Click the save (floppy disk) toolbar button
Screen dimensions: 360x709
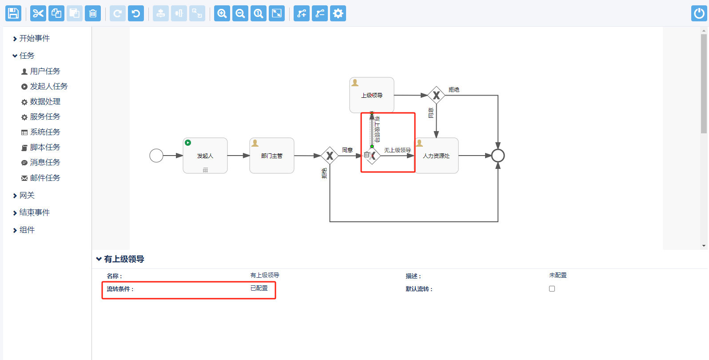coord(13,13)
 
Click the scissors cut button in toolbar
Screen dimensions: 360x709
coord(38,13)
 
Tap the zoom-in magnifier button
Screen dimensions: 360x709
coord(222,13)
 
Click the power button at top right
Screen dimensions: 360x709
coord(699,13)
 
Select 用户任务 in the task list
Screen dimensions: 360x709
coord(45,71)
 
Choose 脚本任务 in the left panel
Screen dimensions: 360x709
coord(45,147)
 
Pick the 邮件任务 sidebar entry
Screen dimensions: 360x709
coord(45,178)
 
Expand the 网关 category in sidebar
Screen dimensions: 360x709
coord(27,195)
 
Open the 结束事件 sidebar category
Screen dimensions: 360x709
coord(34,212)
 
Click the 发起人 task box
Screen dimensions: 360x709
coord(205,156)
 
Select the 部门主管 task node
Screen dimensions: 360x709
coord(272,156)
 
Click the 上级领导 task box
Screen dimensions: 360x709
coord(372,95)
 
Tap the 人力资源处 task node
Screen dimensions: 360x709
coord(436,156)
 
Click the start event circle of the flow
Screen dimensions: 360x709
coord(156,156)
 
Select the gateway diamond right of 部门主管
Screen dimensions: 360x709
coord(330,156)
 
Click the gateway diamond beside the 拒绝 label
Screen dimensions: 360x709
coord(436,95)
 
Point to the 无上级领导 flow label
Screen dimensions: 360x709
coord(397,150)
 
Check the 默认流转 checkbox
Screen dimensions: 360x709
coord(552,288)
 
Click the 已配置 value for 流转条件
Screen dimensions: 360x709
coord(259,288)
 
